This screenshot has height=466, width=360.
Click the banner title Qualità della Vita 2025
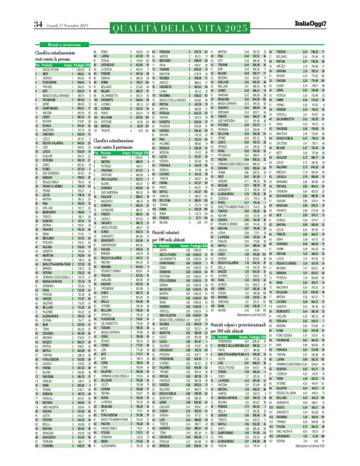(179, 26)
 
